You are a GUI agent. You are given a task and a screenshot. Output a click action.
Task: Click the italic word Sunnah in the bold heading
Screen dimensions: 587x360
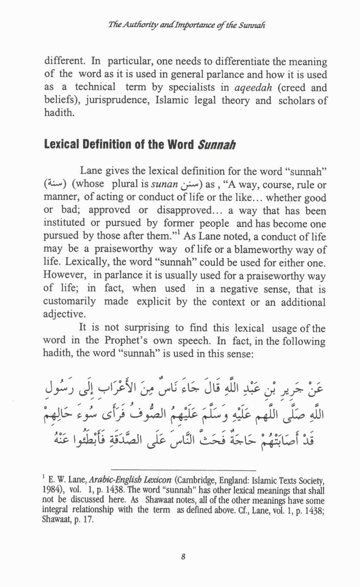pos(217,145)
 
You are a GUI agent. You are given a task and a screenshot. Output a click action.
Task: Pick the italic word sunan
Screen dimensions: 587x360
pos(164,185)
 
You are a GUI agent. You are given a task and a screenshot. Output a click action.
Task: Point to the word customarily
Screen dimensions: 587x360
pos(70,302)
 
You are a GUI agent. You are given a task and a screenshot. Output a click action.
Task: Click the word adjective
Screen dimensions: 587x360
pos(64,314)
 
